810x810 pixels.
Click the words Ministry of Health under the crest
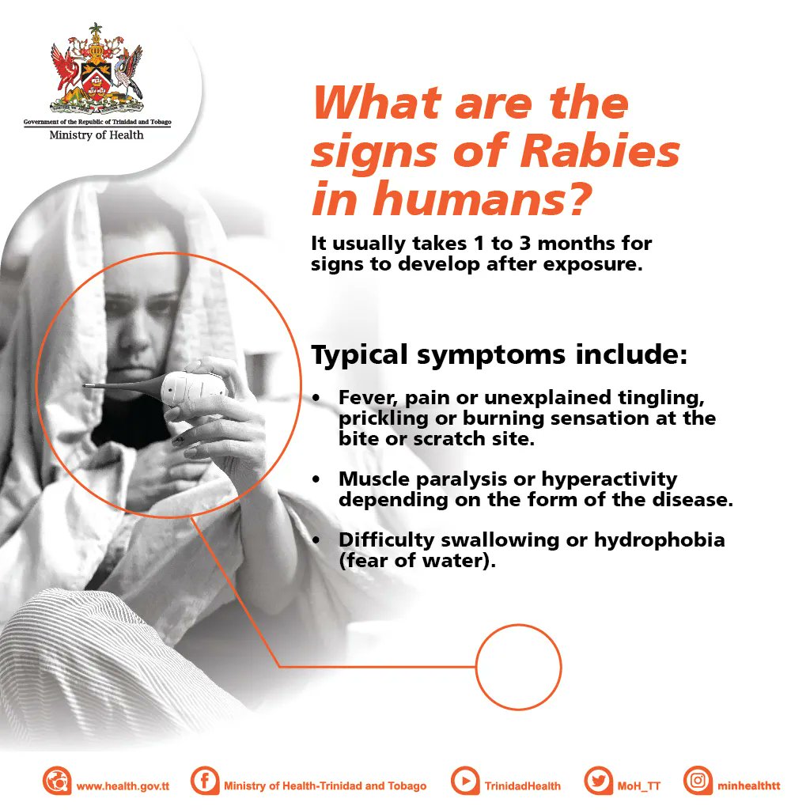[x=97, y=135]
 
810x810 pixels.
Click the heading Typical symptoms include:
[x=498, y=355]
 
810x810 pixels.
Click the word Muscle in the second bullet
[x=371, y=479]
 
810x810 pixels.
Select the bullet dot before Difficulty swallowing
[x=316, y=540]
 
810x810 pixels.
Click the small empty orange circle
[x=518, y=666]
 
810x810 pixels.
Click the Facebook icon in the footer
[x=205, y=782]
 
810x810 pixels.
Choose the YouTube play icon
[x=465, y=782]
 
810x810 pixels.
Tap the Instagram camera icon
[x=698, y=782]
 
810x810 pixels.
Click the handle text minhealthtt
[x=749, y=786]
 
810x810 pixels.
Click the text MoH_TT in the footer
[x=638, y=786]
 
